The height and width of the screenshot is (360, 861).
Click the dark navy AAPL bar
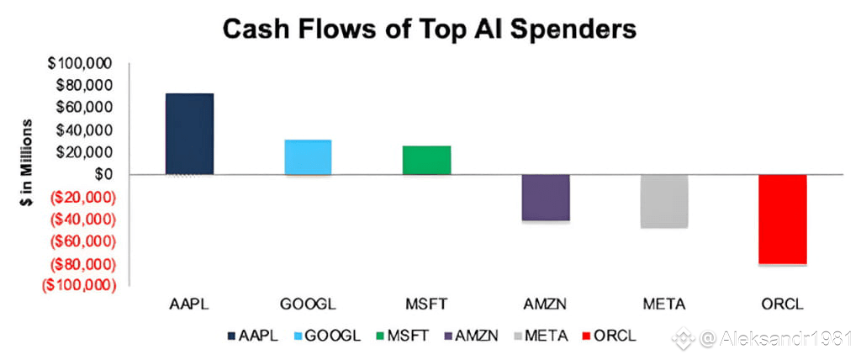click(x=189, y=134)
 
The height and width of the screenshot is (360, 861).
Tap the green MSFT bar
click(x=426, y=160)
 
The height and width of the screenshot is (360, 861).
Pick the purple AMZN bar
click(x=546, y=198)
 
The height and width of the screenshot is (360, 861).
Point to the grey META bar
click(x=664, y=201)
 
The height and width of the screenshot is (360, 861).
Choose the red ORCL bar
click(x=783, y=220)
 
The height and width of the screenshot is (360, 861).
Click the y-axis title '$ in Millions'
click(x=28, y=174)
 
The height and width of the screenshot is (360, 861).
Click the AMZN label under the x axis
click(x=546, y=302)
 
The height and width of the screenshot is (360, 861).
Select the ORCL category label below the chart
click(x=783, y=302)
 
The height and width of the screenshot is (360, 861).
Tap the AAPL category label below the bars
click(x=189, y=302)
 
